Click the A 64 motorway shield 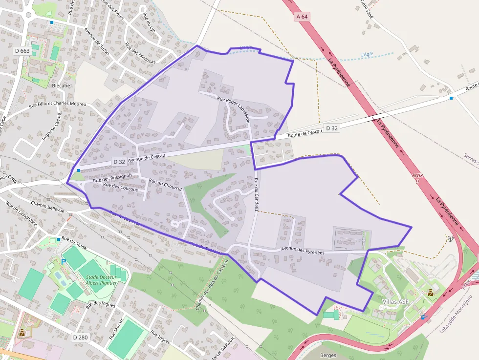pyautogui.click(x=302, y=17)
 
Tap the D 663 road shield pyautogui.click(x=22, y=51)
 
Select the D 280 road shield pyautogui.click(x=81, y=337)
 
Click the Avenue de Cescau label pyautogui.click(x=147, y=156)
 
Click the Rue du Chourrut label pyautogui.click(x=166, y=185)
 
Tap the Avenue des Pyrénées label pyautogui.click(x=303, y=251)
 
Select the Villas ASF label pyautogui.click(x=395, y=301)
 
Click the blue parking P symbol pyautogui.click(x=64, y=262)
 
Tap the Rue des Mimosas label pyautogui.click(x=140, y=53)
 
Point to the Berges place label pyautogui.click(x=328, y=355)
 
